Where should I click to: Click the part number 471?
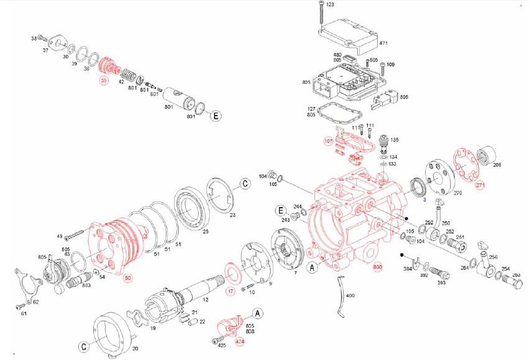(x=383, y=44)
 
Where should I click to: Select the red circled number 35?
(x=104, y=80)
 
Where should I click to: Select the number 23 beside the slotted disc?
(x=232, y=215)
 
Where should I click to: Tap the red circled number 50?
(x=128, y=277)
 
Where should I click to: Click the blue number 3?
(x=424, y=200)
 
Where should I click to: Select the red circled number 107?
(x=329, y=141)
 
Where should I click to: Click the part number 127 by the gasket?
(x=311, y=109)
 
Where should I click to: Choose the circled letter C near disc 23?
(x=245, y=183)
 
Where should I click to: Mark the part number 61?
(x=24, y=314)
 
